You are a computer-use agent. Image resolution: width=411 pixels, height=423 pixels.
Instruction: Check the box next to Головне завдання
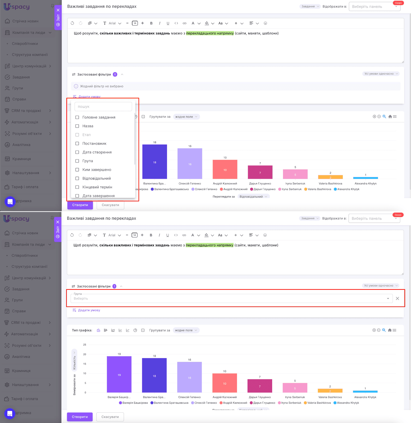click(77, 117)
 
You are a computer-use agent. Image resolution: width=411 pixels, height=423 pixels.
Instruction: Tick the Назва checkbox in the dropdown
click(77, 126)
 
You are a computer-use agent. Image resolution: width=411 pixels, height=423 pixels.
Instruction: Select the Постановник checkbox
click(77, 144)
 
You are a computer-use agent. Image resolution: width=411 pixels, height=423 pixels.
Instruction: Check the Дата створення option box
click(77, 152)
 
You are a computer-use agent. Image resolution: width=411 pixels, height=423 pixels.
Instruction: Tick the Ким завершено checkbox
click(77, 170)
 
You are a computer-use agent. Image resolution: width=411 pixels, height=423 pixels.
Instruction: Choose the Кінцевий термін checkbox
click(77, 187)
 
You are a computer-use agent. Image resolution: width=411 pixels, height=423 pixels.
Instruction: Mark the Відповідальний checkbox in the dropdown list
click(77, 178)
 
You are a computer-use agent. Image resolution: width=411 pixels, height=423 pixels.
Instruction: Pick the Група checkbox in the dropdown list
click(77, 161)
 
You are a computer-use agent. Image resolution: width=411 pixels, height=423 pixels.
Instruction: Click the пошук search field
click(103, 107)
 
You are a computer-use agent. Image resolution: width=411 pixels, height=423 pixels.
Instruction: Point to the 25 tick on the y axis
click(85, 345)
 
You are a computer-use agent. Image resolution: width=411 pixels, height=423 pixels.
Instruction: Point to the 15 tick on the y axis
click(85, 364)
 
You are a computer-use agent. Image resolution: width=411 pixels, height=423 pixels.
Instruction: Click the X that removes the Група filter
click(397, 298)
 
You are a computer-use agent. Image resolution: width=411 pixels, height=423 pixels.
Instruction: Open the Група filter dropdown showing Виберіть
click(231, 298)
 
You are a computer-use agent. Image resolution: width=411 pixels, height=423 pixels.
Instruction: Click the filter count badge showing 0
click(115, 75)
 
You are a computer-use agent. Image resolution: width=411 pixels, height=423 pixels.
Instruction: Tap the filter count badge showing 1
click(115, 286)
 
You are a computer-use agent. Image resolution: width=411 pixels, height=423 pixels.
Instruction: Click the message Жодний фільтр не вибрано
click(102, 86)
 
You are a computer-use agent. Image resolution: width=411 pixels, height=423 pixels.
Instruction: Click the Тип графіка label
click(82, 330)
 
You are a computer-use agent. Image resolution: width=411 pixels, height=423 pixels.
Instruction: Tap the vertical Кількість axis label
click(74, 363)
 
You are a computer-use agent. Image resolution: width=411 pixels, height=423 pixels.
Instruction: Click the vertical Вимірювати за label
click(74, 385)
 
